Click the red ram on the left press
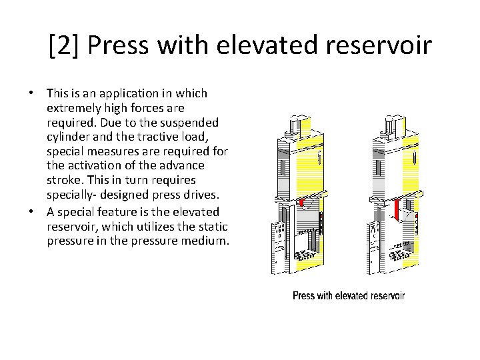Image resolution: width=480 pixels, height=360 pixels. tap(301, 202)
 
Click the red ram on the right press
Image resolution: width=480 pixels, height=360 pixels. tap(396, 209)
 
